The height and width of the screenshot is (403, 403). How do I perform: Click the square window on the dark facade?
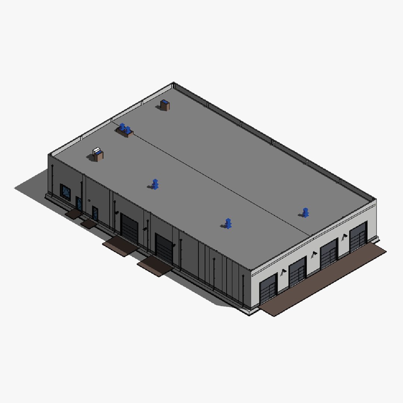click(x=65, y=192)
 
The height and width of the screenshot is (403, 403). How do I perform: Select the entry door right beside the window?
click(x=79, y=203)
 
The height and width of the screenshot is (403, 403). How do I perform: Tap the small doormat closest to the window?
click(x=74, y=214)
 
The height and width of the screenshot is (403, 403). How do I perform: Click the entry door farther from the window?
click(x=95, y=213)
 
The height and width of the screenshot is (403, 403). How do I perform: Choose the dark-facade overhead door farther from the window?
click(x=164, y=248)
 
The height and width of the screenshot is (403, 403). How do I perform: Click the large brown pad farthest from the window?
click(x=155, y=266)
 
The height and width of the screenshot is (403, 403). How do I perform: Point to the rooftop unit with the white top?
click(x=98, y=154)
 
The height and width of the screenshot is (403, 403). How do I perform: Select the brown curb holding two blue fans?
click(x=125, y=131)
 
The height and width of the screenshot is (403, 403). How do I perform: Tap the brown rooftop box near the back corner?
click(x=165, y=105)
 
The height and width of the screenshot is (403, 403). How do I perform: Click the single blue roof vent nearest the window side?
click(x=155, y=184)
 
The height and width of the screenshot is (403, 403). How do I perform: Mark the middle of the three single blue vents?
click(x=228, y=224)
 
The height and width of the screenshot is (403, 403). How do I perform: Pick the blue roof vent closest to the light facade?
click(x=306, y=213)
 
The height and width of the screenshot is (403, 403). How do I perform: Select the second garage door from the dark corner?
click(x=297, y=271)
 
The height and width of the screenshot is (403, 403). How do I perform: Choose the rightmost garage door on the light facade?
click(x=358, y=237)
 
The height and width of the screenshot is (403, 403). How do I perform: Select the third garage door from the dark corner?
click(x=329, y=253)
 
